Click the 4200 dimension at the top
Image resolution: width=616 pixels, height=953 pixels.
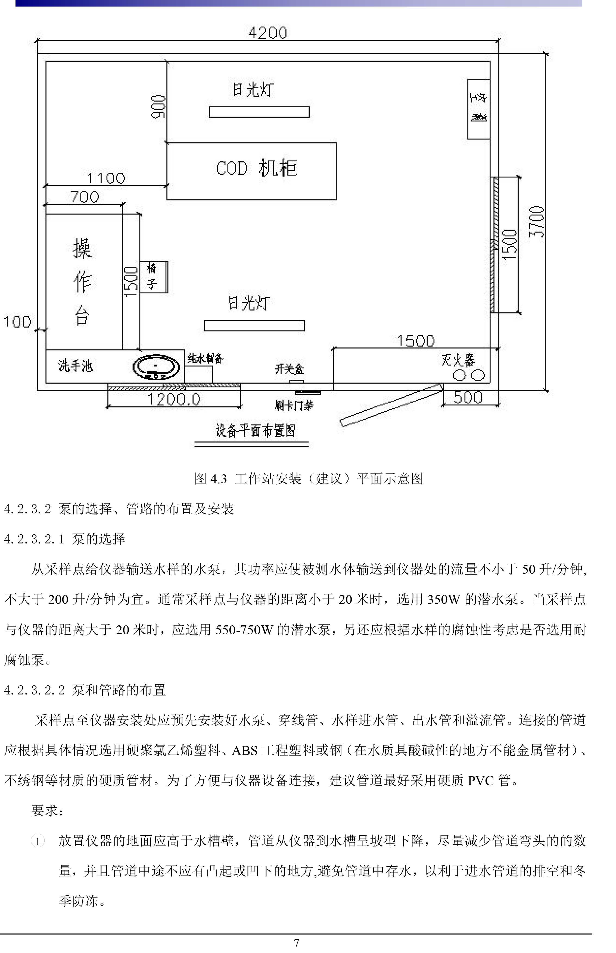[x=267, y=33]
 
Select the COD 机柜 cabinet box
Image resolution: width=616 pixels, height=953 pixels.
[x=251, y=171]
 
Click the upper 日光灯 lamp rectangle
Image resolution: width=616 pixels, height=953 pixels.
[x=259, y=112]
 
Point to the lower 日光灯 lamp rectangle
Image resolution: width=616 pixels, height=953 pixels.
[x=254, y=326]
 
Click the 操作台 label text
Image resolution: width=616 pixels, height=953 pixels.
[x=82, y=282]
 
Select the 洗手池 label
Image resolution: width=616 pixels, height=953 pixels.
[x=76, y=366]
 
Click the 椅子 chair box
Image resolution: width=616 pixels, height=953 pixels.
[x=153, y=277]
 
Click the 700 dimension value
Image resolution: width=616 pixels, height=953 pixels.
[x=85, y=197]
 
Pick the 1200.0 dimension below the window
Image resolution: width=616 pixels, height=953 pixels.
[x=174, y=399]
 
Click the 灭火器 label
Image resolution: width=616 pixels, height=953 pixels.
[x=458, y=360]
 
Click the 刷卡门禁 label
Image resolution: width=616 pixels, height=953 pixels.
[x=294, y=405]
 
